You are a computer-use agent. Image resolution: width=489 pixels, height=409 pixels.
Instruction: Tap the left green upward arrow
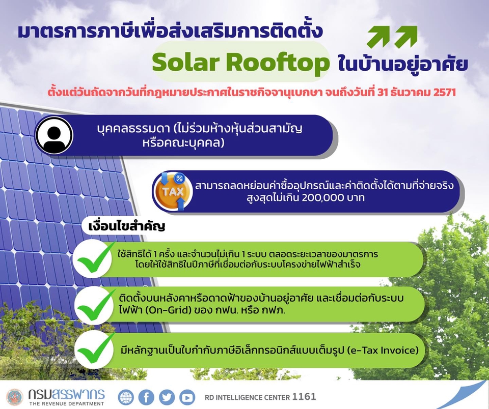coord(378,37)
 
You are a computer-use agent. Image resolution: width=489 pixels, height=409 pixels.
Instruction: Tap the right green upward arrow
coord(406,37)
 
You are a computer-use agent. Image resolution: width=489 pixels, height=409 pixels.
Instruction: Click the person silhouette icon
coord(54,135)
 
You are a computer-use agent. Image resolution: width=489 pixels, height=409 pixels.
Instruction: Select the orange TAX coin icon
coord(173,191)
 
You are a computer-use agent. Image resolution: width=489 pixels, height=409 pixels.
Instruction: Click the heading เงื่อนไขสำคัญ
coord(126,226)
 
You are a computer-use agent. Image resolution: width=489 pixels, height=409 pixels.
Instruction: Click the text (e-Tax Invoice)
coord(383,350)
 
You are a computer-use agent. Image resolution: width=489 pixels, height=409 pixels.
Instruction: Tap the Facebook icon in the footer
coord(146,398)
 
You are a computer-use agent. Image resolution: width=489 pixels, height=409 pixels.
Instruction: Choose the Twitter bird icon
coord(167,398)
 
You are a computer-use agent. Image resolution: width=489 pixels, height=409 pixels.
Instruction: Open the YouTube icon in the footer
coord(187,398)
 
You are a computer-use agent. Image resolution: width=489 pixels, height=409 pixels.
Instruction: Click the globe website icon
coord(126,398)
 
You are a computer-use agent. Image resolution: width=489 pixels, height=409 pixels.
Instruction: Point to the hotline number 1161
coord(304,397)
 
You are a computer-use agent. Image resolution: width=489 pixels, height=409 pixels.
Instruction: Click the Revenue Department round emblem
coord(15,397)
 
